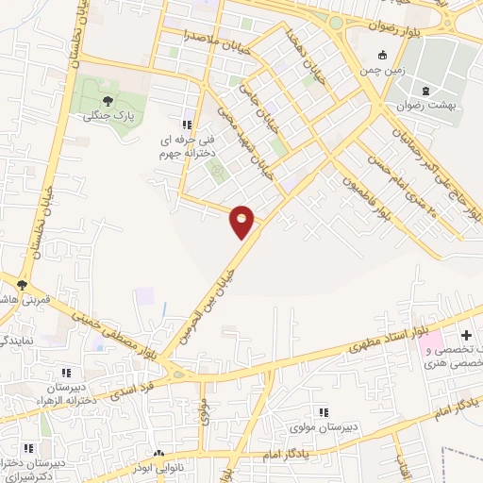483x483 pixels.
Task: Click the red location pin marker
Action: pyautogui.click(x=242, y=221)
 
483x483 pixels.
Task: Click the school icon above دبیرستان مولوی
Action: pyautogui.click(x=324, y=412)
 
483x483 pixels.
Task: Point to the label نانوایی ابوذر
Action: pyautogui.click(x=157, y=471)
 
